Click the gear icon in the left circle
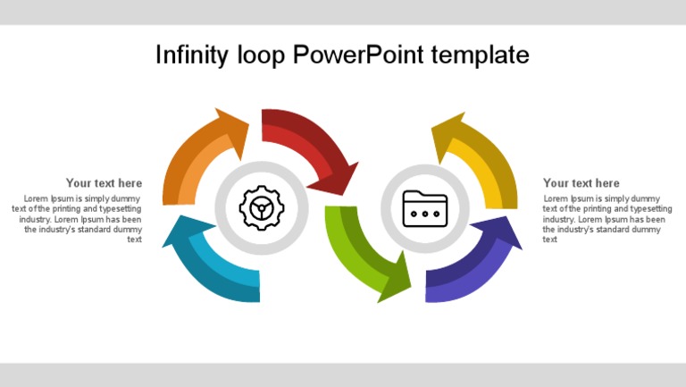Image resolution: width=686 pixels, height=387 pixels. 262,208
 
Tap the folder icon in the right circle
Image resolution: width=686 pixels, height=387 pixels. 425,208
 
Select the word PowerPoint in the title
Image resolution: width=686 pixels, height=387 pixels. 358,55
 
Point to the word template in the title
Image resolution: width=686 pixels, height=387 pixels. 480,55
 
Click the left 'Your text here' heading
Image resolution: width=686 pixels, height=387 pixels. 104,183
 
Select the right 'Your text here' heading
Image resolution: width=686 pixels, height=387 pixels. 581,183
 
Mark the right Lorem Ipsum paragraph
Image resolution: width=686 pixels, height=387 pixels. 606,219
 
